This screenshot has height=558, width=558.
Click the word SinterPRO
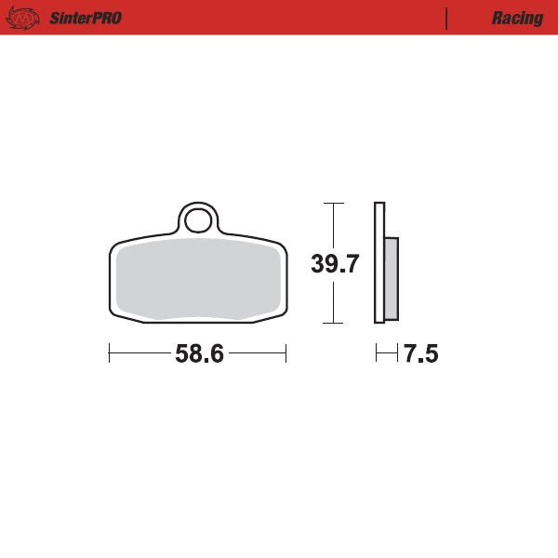point(86,19)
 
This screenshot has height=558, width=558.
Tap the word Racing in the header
point(518,19)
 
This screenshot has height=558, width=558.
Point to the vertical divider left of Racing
point(447,18)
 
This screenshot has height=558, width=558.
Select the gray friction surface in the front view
point(197,279)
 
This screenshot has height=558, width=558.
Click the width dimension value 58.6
point(198,354)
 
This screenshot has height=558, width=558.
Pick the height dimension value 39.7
point(334,264)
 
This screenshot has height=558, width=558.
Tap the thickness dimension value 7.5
point(420,354)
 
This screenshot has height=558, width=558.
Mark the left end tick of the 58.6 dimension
point(110,353)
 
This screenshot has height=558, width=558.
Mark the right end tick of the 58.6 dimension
point(286,353)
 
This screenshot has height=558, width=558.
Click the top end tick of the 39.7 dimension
point(333,203)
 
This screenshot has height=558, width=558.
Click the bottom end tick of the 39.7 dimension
point(333,323)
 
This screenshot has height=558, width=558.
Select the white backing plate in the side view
point(379,263)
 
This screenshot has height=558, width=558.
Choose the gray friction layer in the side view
point(391,277)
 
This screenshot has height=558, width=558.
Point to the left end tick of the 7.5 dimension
point(376,353)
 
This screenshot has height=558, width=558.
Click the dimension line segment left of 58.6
point(139,353)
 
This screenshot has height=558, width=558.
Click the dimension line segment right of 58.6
point(258,353)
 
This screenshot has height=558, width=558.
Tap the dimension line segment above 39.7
point(333,225)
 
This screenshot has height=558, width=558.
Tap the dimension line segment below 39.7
point(333,300)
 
